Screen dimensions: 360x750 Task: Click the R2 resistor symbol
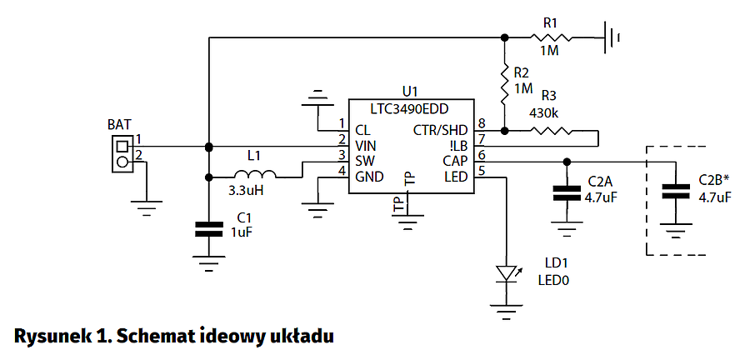click(x=504, y=82)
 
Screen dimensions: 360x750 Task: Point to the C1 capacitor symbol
click(x=208, y=229)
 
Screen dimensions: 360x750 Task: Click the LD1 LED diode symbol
click(x=506, y=273)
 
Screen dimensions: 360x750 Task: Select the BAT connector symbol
click(x=122, y=154)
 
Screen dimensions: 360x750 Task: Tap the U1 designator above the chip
click(x=409, y=92)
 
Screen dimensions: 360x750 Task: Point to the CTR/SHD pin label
click(x=441, y=129)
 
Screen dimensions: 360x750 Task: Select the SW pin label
click(x=364, y=160)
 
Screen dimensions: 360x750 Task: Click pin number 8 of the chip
click(x=482, y=124)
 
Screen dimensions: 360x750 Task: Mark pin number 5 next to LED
click(x=482, y=171)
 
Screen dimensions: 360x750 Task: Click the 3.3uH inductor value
click(x=246, y=191)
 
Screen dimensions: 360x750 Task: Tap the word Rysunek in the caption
click(x=50, y=336)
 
